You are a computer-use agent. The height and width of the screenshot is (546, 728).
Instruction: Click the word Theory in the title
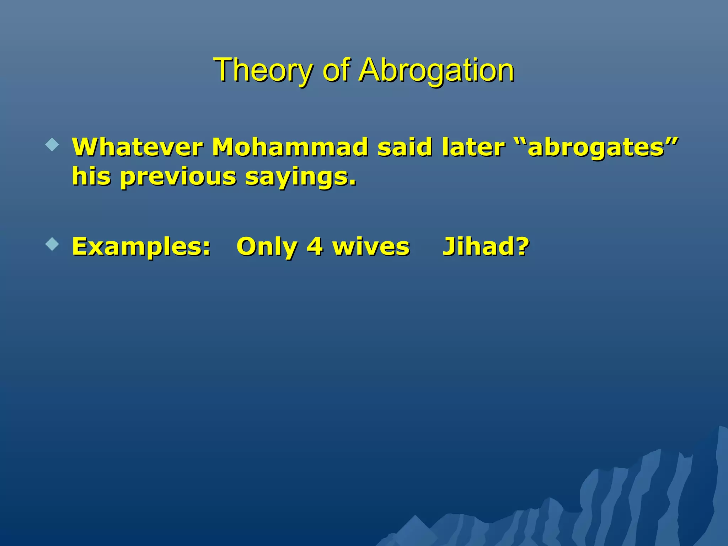[x=262, y=70]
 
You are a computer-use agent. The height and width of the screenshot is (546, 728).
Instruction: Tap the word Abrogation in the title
[x=436, y=70]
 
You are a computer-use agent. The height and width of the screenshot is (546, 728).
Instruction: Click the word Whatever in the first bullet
[x=137, y=147]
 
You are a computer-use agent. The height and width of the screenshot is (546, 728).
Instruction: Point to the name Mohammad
[x=290, y=147]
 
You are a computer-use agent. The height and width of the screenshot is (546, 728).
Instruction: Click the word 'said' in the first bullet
[x=405, y=147]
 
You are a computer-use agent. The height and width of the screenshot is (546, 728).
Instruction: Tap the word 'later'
[x=473, y=147]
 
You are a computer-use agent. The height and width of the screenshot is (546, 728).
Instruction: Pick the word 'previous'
[x=178, y=177]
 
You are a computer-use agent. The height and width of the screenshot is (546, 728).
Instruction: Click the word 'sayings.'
[x=301, y=177]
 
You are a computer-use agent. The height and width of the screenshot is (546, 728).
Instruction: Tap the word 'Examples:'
[x=141, y=247]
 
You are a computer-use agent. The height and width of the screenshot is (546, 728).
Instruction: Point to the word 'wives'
[x=371, y=247]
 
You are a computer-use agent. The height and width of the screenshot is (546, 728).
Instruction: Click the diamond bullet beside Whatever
[x=52, y=145]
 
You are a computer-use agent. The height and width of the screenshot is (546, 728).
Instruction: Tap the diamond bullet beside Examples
[x=52, y=244]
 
